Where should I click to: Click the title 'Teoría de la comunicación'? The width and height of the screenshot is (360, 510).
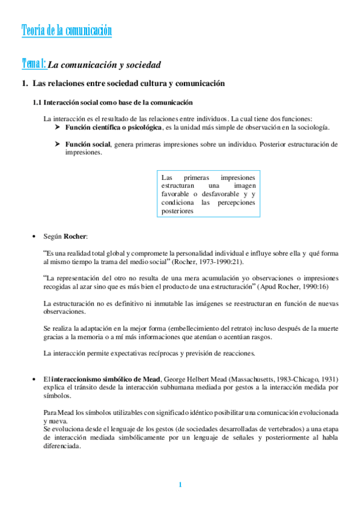[x=66, y=30]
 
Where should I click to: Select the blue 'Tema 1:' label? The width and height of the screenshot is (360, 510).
[x=34, y=63]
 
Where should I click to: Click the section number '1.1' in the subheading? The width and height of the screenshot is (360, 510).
[x=37, y=103]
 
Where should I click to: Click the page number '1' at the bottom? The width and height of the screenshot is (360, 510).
[x=179, y=485]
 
